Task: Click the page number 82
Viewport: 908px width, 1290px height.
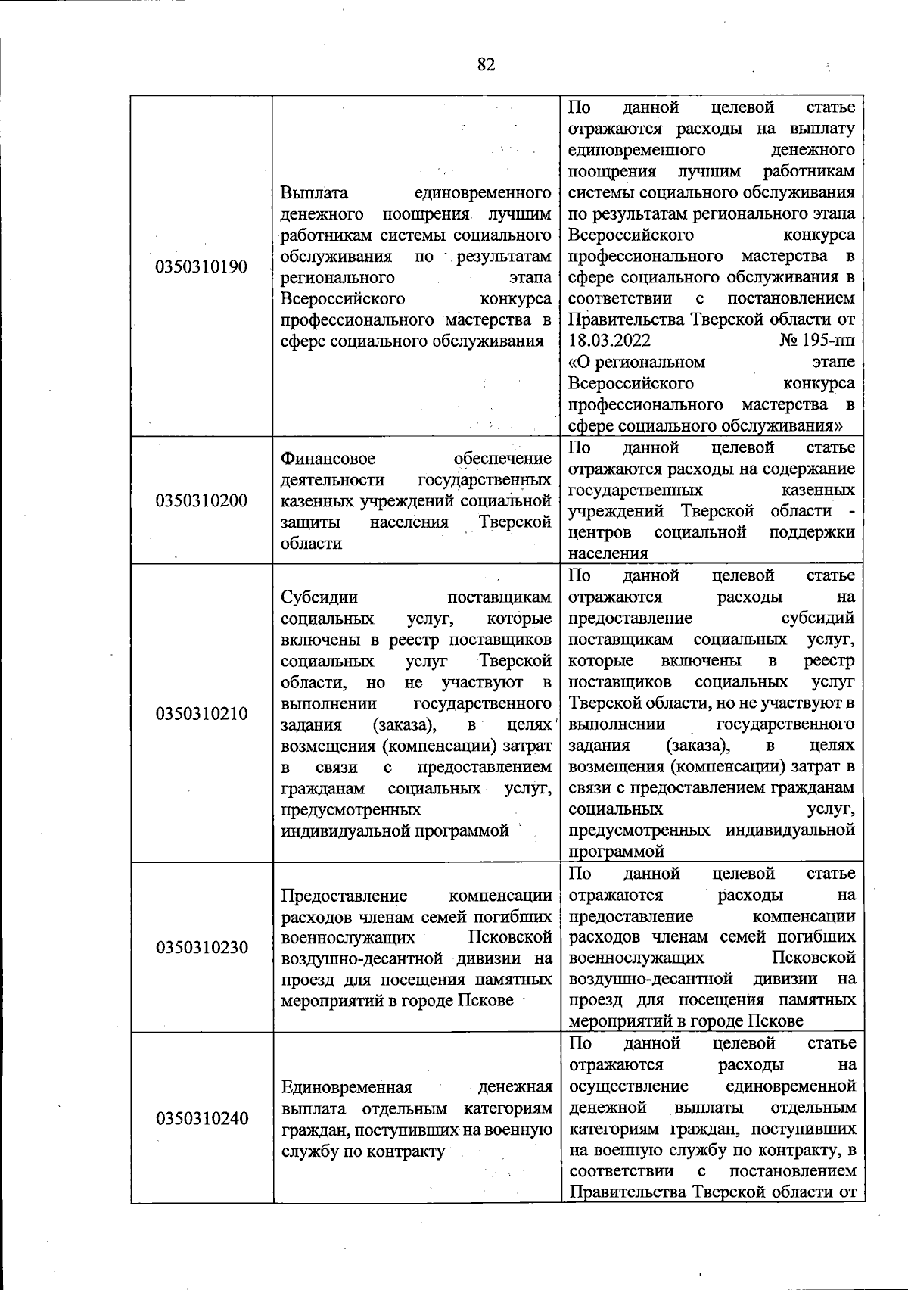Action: (x=486, y=65)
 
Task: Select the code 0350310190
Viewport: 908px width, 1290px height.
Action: (x=201, y=267)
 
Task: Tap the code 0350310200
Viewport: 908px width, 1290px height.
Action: (x=201, y=500)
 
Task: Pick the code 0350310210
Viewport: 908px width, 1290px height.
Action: (x=201, y=714)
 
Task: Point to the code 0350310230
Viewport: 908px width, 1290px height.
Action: (x=201, y=947)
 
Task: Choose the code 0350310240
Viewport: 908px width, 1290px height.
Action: (x=201, y=1118)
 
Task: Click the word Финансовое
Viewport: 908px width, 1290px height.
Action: (x=328, y=459)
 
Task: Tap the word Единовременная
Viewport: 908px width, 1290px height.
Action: (x=346, y=1088)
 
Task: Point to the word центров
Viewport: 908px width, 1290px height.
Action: (x=600, y=532)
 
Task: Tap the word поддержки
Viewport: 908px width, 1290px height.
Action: (x=812, y=532)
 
